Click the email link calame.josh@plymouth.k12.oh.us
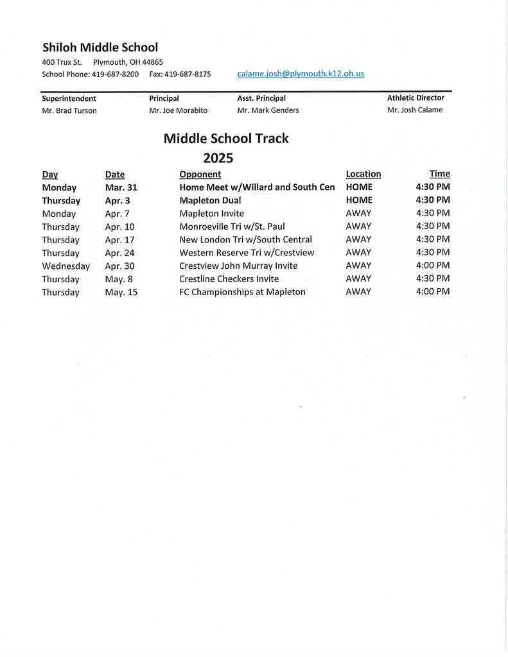[300, 74]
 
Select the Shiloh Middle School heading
[100, 47]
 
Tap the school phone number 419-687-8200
[115, 74]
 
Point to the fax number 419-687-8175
[188, 74]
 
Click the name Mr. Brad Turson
[69, 110]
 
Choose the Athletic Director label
[415, 98]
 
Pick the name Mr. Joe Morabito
[178, 110]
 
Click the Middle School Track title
[226, 139]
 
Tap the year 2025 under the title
[218, 158]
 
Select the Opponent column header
[200, 175]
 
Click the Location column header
[363, 174]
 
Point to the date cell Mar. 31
[121, 188]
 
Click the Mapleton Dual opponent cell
[210, 201]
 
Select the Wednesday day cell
[66, 266]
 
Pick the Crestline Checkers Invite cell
[229, 279]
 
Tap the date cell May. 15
[121, 293]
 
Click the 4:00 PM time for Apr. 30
[432, 266]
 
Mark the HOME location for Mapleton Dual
[358, 201]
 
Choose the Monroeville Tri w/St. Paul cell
[232, 226]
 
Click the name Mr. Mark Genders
[268, 110]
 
